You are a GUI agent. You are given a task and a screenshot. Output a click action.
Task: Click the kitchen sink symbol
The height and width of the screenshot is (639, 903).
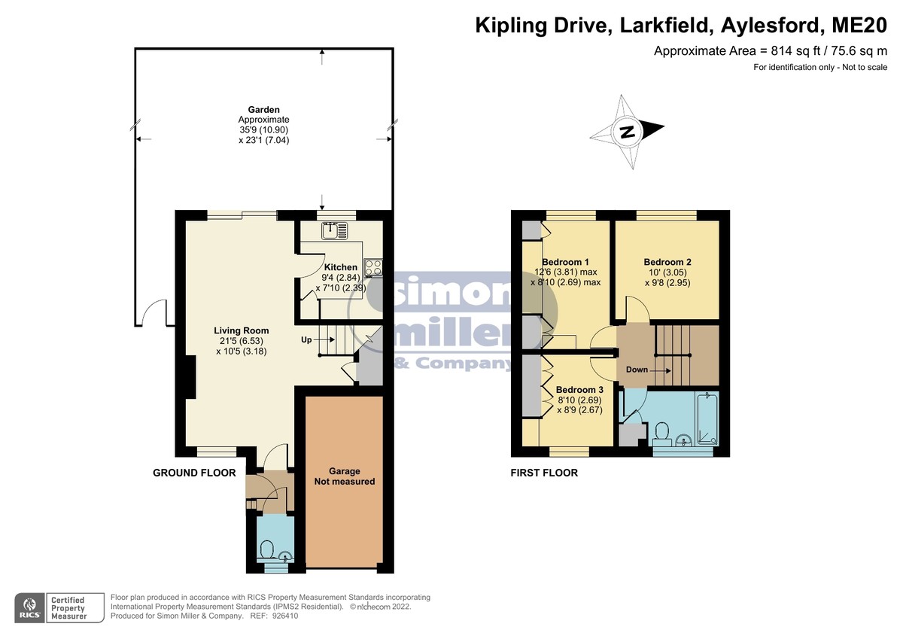pos(335,231)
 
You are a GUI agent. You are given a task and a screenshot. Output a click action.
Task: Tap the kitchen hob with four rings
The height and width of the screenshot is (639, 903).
pos(373,268)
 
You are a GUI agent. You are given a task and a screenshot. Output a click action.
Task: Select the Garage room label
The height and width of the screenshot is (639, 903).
pos(345,471)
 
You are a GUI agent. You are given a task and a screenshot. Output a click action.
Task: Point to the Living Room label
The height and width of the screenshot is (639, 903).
pos(241,330)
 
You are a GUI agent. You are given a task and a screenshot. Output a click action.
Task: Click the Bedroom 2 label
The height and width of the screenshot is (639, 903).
pos(667,262)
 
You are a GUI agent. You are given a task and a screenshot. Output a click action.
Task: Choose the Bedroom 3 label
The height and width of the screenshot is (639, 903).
pos(579,390)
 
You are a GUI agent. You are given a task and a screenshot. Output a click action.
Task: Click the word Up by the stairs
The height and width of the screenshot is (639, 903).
pos(306,340)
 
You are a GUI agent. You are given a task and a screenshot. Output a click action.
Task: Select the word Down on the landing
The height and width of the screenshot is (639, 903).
pos(637,370)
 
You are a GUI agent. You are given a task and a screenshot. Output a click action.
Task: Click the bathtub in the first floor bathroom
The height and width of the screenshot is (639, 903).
pos(707,418)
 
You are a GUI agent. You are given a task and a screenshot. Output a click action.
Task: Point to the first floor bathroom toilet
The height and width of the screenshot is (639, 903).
pos(661,434)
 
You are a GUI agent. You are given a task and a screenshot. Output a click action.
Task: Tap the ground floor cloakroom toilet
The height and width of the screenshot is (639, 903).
pos(267,549)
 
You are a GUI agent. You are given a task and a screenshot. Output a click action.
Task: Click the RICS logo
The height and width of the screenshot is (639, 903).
pos(30,608)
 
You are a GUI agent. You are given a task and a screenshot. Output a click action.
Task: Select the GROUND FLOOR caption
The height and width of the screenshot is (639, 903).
pos(194,473)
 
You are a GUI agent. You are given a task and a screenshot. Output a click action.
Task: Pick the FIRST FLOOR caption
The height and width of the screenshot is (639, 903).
pos(544,473)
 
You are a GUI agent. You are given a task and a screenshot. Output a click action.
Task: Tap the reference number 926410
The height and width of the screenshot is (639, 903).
pos(285,616)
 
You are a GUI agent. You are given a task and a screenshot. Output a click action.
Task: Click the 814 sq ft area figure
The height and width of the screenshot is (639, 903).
pos(789,51)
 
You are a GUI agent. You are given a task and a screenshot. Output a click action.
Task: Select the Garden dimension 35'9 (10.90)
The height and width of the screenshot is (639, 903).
pos(263,129)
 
